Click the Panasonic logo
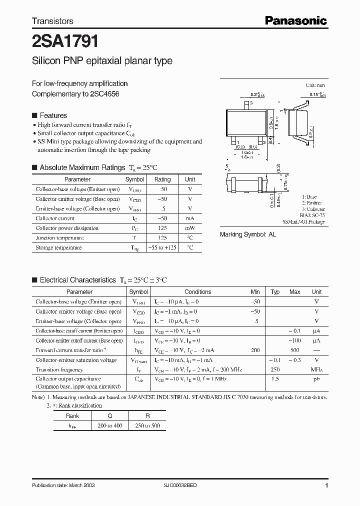(295, 20)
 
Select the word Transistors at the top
(52, 21)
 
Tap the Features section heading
(53, 115)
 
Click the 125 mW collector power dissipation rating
(162, 228)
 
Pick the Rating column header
(162, 179)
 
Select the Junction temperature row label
(59, 238)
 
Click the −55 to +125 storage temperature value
(162, 247)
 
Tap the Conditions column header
(197, 292)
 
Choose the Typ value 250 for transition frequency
(275, 369)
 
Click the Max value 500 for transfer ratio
(295, 350)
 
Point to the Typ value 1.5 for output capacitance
(275, 379)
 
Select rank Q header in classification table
(110, 416)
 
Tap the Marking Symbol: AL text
(248, 234)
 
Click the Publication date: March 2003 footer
(63, 485)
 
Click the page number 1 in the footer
(326, 485)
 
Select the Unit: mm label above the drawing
(315, 85)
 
